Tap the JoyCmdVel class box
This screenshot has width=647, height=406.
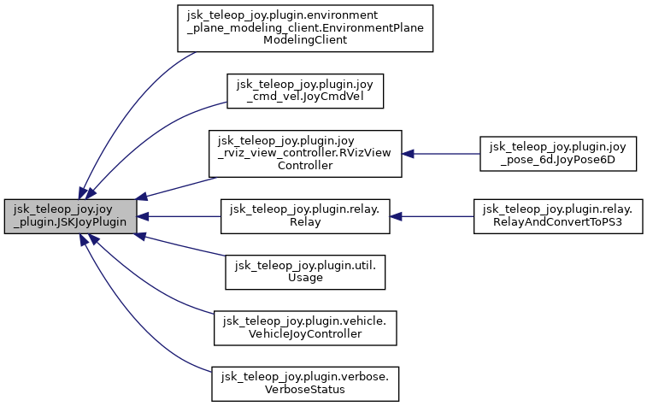click(x=305, y=91)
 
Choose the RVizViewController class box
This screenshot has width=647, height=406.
click(x=305, y=154)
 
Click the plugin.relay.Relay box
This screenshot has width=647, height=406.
click(x=305, y=216)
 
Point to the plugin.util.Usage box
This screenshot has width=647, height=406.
click(x=305, y=271)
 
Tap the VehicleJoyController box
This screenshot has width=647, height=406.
click(x=305, y=327)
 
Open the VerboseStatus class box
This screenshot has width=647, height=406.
click(x=305, y=382)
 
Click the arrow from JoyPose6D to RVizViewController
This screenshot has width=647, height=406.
click(x=440, y=154)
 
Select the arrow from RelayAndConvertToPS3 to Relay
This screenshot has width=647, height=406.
click(x=432, y=216)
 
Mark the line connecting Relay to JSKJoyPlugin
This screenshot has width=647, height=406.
click(x=179, y=216)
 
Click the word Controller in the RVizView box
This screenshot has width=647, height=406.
click(x=305, y=165)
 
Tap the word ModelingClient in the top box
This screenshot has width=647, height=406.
click(x=305, y=40)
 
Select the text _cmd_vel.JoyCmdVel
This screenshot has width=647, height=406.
click(x=305, y=97)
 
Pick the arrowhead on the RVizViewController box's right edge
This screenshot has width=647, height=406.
click(x=409, y=154)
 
